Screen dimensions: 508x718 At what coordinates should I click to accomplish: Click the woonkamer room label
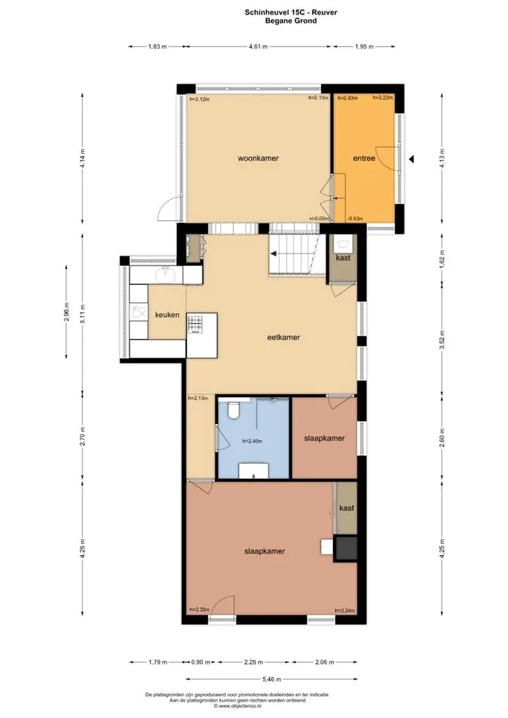pos(258,159)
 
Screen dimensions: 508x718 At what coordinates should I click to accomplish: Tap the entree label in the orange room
pos(363,159)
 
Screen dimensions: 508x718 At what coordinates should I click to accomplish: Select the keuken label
pos(167,315)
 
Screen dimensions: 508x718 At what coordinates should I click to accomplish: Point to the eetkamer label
pos(284,337)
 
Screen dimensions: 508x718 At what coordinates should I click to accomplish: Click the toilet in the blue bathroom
pos(234,410)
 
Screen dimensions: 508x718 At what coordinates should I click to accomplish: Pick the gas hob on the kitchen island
pos(194,326)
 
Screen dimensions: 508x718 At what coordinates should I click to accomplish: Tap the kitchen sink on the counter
pos(165,275)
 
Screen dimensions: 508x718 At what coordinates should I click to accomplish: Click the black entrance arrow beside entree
pos(411,159)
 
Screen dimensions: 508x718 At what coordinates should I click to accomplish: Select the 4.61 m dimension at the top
pos(258,47)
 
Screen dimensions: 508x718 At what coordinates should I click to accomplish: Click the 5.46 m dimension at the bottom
pos(272,679)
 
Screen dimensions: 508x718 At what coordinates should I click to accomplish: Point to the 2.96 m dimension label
pos(66,312)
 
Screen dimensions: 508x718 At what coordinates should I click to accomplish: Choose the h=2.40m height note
pos(253,442)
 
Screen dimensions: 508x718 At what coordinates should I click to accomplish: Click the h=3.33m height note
pos(199,610)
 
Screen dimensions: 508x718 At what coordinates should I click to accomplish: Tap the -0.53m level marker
pos(355,219)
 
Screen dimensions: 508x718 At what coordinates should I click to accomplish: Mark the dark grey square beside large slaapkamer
pos(346,547)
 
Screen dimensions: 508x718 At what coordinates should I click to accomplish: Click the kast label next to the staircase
pos(343,258)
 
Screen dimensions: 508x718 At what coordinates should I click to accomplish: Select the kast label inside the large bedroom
pos(346,508)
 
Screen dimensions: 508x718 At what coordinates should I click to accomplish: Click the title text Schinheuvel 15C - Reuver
pos(291,13)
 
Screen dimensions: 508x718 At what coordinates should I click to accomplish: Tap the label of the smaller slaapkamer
pos(325,438)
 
